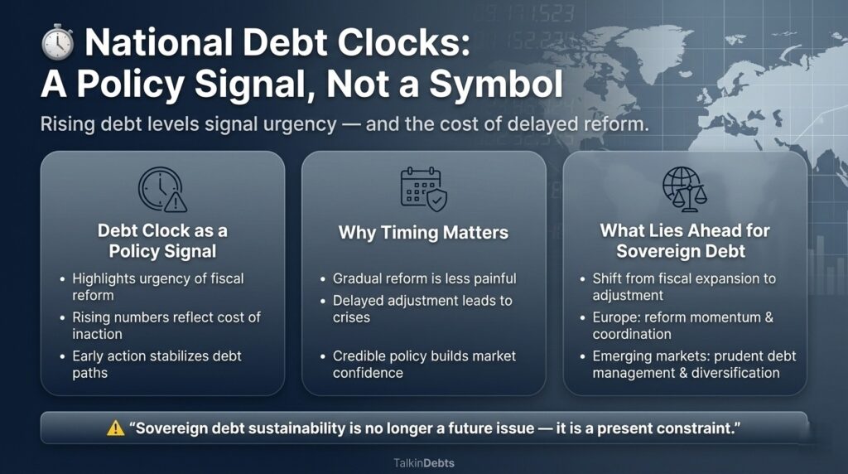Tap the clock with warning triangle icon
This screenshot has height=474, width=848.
[x=162, y=190]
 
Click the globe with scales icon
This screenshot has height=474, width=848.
[x=684, y=189]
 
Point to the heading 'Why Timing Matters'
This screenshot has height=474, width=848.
[x=423, y=232]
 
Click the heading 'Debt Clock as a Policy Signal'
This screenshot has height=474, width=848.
[x=162, y=240]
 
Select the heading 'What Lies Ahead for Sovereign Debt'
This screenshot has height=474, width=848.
[x=684, y=240]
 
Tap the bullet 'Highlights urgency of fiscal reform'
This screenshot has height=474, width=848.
[x=157, y=287]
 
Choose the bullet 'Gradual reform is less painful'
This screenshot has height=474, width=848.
[x=424, y=278]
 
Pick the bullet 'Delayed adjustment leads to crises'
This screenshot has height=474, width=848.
[x=422, y=308]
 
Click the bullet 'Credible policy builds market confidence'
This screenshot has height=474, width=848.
[x=424, y=364]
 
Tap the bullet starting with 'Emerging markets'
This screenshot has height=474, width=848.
[x=694, y=364]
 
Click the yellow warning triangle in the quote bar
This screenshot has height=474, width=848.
[x=115, y=428]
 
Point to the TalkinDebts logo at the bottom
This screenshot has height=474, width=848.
[x=423, y=462]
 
